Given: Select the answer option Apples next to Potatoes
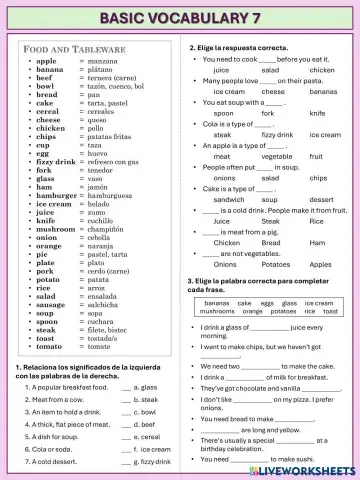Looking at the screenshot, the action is (x=321, y=264).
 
